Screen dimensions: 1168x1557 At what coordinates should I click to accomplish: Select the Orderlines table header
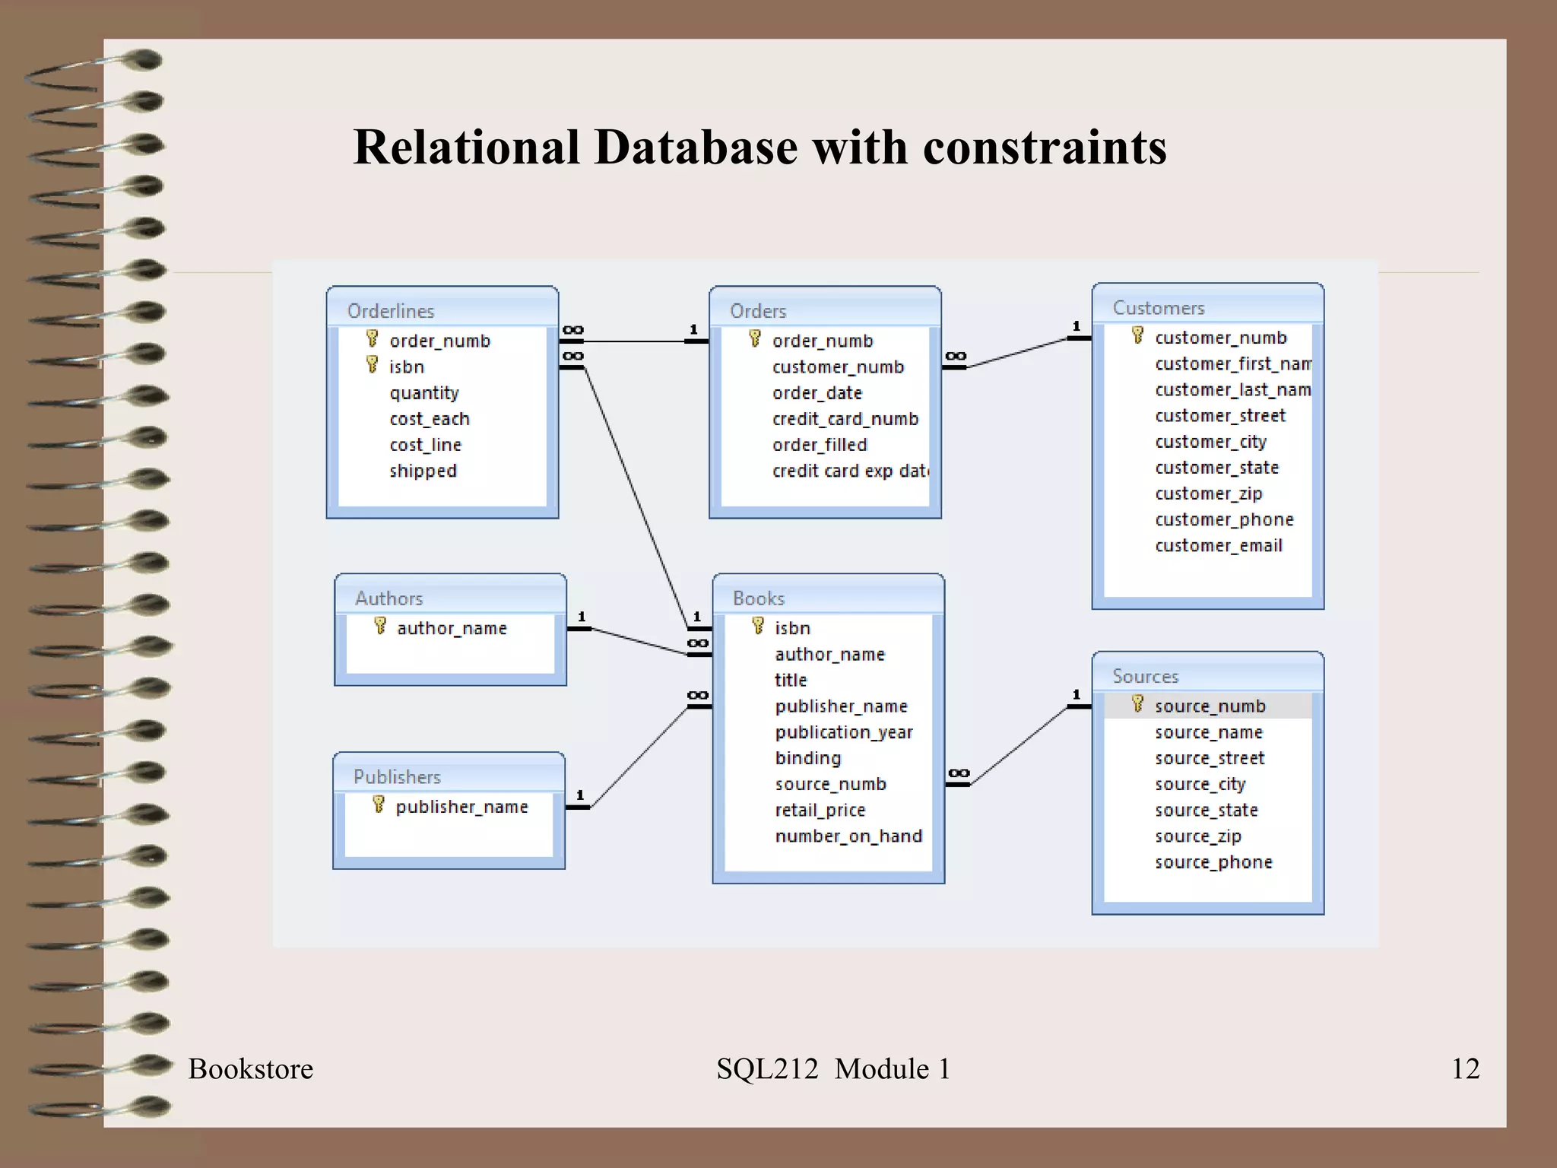(391, 311)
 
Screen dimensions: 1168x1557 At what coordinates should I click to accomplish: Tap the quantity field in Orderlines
(424, 393)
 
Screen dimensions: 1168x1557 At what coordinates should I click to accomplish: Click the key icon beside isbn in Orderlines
(372, 365)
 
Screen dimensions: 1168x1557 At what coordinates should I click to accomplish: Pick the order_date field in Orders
(817, 393)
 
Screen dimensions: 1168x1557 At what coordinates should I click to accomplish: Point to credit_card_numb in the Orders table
(845, 419)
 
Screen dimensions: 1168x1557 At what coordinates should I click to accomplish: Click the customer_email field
(1219, 546)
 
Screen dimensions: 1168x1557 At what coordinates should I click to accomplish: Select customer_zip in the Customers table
(1209, 494)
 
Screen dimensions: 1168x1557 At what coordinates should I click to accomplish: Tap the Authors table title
(389, 598)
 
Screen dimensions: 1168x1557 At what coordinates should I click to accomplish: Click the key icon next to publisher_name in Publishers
(379, 805)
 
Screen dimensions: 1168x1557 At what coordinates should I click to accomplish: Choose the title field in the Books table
(791, 681)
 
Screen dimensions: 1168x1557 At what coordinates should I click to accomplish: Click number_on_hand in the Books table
(848, 836)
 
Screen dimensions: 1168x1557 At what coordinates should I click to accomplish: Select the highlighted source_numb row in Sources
(1210, 706)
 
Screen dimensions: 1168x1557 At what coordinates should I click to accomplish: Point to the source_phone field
(1213, 862)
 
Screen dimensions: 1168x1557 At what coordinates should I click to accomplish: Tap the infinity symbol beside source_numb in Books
(959, 773)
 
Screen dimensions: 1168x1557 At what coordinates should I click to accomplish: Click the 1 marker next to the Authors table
(582, 617)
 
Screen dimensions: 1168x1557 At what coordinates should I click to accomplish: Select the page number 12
(1465, 1068)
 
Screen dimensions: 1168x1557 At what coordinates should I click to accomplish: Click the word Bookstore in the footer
(251, 1069)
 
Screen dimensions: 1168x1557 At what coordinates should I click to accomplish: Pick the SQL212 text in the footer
(767, 1069)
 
